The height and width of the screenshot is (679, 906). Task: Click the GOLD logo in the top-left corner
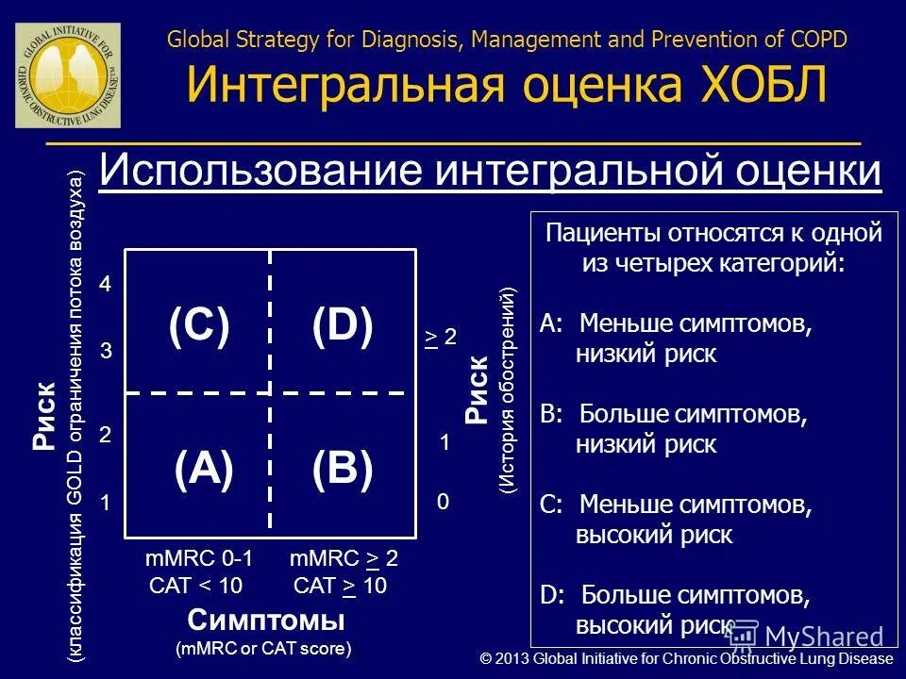pyautogui.click(x=67, y=75)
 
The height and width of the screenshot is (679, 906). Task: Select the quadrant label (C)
pyautogui.click(x=199, y=326)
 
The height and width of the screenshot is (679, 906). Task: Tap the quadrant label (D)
pyautogui.click(x=343, y=326)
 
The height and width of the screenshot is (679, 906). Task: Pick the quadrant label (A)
pyautogui.click(x=204, y=469)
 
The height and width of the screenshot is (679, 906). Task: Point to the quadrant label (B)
pyautogui.click(x=343, y=469)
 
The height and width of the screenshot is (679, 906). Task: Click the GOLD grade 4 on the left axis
pyautogui.click(x=106, y=285)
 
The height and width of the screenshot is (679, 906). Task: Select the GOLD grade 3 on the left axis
pyautogui.click(x=106, y=352)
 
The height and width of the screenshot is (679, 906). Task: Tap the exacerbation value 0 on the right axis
pyautogui.click(x=443, y=504)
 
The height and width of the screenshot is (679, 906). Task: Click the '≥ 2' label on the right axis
pyautogui.click(x=441, y=337)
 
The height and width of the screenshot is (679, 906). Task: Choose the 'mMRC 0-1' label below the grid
pyautogui.click(x=198, y=558)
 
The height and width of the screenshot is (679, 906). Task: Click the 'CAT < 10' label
pyautogui.click(x=196, y=586)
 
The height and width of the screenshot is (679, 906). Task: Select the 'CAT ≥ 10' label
pyautogui.click(x=340, y=586)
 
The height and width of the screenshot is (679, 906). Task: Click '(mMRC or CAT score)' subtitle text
pyautogui.click(x=263, y=649)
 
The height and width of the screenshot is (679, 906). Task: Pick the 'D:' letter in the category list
pyautogui.click(x=552, y=595)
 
